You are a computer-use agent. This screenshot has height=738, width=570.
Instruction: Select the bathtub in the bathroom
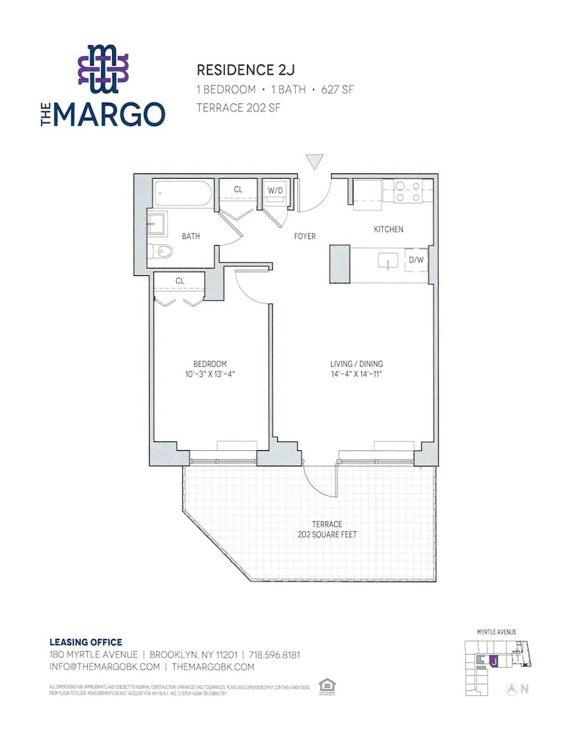point(184,195)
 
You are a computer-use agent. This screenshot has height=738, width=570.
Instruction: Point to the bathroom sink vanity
point(157,223)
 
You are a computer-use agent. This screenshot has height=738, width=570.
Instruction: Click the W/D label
point(276,190)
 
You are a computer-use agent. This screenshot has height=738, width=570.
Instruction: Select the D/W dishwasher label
point(416,260)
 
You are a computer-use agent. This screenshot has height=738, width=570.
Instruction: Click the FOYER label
point(305,237)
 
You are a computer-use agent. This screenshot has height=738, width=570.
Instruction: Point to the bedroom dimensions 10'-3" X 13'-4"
point(210,374)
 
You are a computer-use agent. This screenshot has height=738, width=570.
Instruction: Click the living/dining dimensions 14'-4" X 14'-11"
point(356,374)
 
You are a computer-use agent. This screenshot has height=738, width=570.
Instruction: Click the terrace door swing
point(319,480)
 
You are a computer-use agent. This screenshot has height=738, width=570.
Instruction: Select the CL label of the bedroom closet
point(180,280)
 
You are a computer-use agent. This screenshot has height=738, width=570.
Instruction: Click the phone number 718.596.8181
point(274,655)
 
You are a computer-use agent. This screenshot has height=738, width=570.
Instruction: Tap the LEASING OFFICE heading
point(86,642)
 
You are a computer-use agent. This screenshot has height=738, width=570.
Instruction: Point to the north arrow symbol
point(510,689)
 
